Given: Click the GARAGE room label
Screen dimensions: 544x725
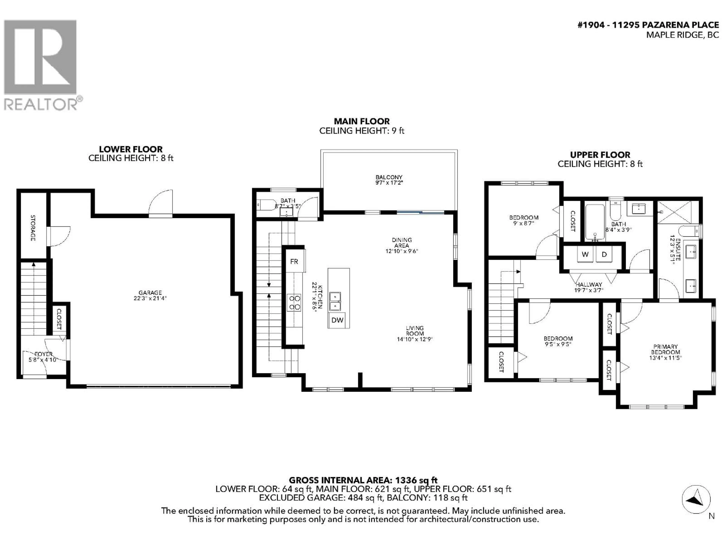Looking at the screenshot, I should pos(150,292).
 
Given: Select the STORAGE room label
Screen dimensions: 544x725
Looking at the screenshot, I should pos(33,228).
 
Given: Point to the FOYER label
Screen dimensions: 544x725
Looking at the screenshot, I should pos(44,354).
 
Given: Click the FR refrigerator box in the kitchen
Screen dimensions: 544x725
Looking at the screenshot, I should pos(294,261).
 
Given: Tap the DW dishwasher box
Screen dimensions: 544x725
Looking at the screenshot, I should pos(337,320).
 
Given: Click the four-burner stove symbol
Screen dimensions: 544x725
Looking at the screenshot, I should pos(294,303).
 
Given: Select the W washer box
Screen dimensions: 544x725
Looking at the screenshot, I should pos(585,254).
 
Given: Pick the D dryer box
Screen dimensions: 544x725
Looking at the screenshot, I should pos(604,254).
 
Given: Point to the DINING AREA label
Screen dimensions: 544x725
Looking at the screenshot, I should pos(402,243).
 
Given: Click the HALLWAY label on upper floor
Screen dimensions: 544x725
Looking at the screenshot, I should pos(589,285).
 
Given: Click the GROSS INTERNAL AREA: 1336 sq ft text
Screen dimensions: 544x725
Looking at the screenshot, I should pos(363,480).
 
